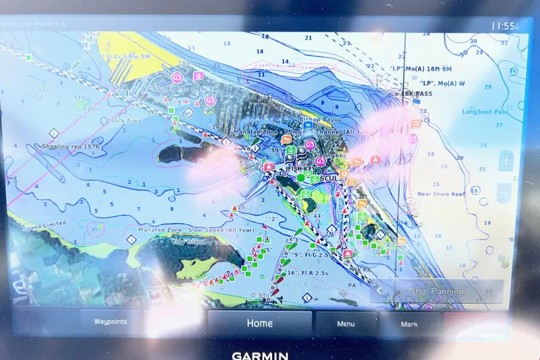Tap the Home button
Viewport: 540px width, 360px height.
point(259,323)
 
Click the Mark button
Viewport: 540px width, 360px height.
point(409,324)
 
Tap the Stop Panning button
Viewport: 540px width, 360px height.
point(437,291)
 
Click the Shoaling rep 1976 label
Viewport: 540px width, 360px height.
point(71,146)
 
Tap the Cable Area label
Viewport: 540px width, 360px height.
point(124,121)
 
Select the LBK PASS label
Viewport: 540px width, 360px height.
point(417,94)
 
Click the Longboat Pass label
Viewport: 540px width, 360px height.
point(485,111)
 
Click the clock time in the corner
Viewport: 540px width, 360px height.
point(504,26)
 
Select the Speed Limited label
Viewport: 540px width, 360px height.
point(45,224)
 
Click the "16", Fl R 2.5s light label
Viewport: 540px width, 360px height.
point(308,272)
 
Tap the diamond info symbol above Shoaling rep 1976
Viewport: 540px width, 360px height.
point(53,133)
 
